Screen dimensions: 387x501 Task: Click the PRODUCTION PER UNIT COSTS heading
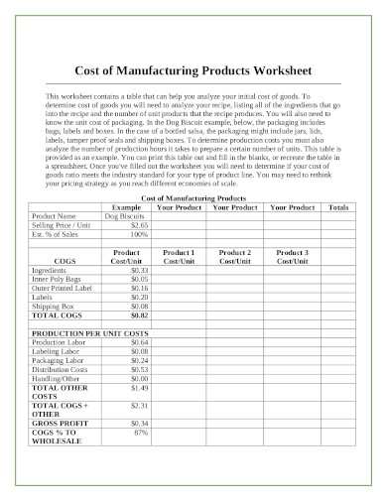(x=90, y=332)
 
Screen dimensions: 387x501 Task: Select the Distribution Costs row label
(x=62, y=368)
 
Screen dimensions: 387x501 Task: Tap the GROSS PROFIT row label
(x=59, y=423)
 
